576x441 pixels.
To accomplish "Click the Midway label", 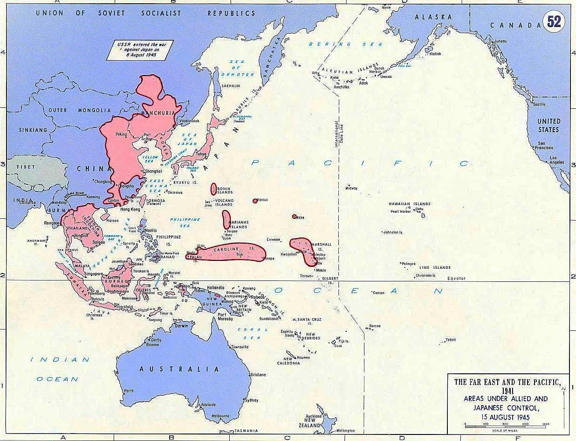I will point(351,188).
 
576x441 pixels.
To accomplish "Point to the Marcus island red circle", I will point(255,201).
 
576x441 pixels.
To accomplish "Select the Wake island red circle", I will point(294,217).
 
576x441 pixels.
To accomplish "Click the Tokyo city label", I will point(201,154).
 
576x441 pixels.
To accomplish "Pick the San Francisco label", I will point(545,146).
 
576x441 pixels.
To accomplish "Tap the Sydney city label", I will point(251,400).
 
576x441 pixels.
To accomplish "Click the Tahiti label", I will point(450,340).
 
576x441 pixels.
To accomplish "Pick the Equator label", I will point(456,279).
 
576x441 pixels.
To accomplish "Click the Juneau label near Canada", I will point(500,42).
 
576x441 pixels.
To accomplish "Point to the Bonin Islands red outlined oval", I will point(214,189).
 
